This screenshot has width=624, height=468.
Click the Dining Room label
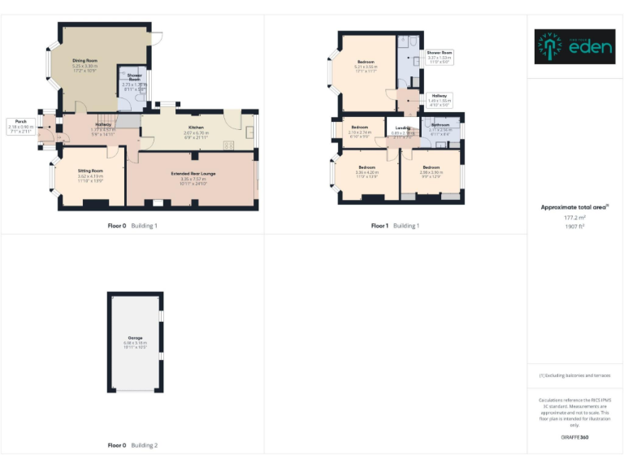click(84, 61)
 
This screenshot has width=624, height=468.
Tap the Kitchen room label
click(196, 128)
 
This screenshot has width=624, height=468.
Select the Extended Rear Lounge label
click(193, 174)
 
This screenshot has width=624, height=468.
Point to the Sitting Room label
click(90, 171)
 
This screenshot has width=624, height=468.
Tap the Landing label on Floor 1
click(403, 128)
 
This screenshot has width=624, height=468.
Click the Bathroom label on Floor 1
click(440, 124)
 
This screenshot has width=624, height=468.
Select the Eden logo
click(574, 47)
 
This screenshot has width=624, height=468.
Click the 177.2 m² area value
click(574, 218)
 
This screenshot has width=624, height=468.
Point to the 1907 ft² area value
click(574, 226)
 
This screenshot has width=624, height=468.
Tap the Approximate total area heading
click(574, 207)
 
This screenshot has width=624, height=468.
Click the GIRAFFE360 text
click(574, 437)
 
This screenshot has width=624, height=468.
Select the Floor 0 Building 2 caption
click(132, 445)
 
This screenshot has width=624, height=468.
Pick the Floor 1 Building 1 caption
click(395, 225)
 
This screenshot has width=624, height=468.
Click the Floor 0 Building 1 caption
click(132, 225)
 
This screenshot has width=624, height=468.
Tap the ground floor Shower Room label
click(134, 77)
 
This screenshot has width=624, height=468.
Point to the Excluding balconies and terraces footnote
click(574, 375)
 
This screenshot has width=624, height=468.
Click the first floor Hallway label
click(439, 96)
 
